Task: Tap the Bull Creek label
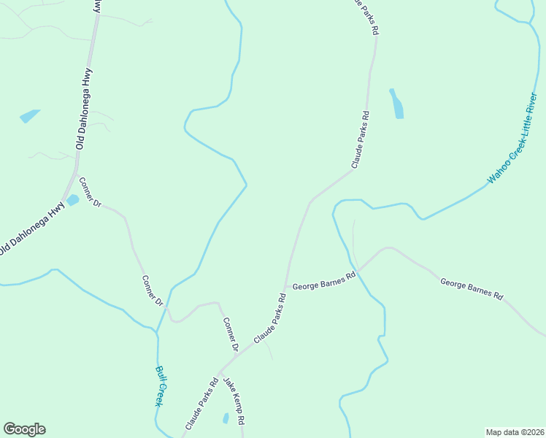coord(161,385)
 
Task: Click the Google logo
coord(24,429)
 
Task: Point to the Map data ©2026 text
coord(515,432)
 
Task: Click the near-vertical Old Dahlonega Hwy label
coord(83,109)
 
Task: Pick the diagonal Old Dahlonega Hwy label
coord(32,228)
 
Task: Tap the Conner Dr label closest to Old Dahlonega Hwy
coord(90,192)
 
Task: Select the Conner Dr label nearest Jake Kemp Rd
coord(230,334)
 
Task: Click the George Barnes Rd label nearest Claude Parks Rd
coord(323,282)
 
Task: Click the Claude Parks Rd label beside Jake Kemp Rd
coord(202,402)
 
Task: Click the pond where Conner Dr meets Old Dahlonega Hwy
coord(72,199)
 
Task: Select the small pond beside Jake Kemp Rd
coord(226,418)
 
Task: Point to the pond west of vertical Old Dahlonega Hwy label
coord(29,115)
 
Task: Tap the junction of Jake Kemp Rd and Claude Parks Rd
coord(218,373)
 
